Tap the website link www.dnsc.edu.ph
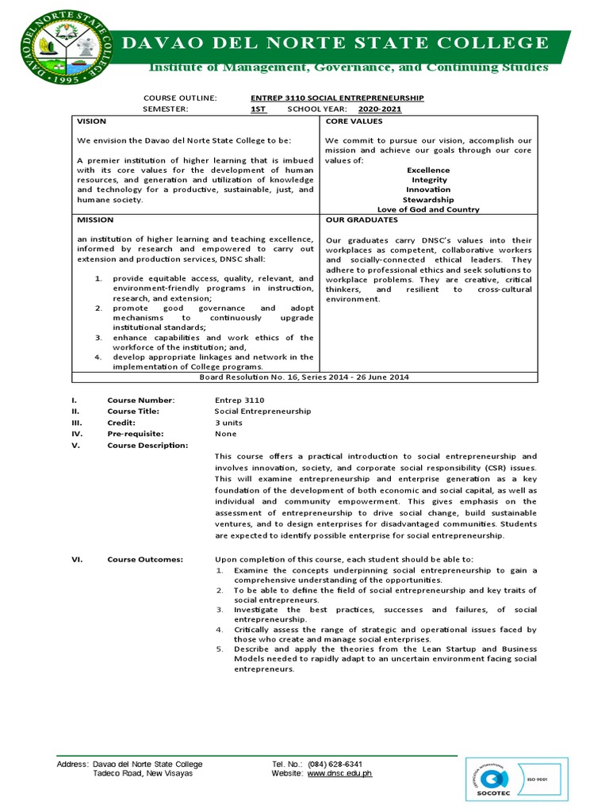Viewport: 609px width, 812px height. [x=339, y=773]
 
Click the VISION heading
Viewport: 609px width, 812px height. [x=91, y=121]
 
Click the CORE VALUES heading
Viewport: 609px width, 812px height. [x=354, y=121]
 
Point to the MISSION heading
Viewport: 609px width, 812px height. [x=94, y=219]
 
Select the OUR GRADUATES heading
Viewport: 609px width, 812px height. [x=362, y=219]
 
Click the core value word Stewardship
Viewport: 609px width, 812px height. [x=428, y=200]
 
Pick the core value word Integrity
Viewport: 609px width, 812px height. [x=428, y=180]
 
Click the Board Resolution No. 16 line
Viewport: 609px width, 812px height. [x=305, y=377]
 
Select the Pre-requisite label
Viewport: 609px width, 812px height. [x=136, y=434]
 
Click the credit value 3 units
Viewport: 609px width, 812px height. [x=230, y=423]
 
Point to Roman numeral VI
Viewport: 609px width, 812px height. [x=77, y=559]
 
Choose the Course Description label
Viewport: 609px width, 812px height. [x=147, y=445]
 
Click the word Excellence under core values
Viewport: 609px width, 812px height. [x=428, y=170]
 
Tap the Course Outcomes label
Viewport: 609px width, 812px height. [x=145, y=559]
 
